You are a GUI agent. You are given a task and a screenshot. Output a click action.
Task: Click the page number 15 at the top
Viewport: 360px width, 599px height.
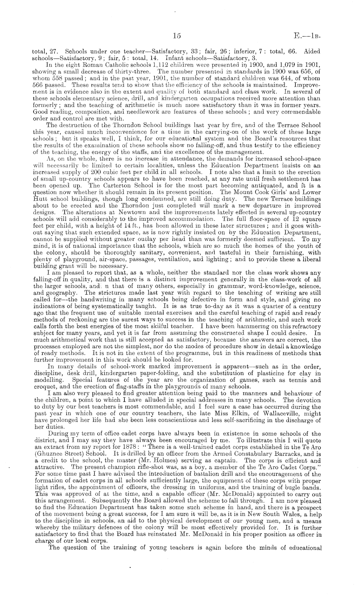[x=176, y=37]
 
